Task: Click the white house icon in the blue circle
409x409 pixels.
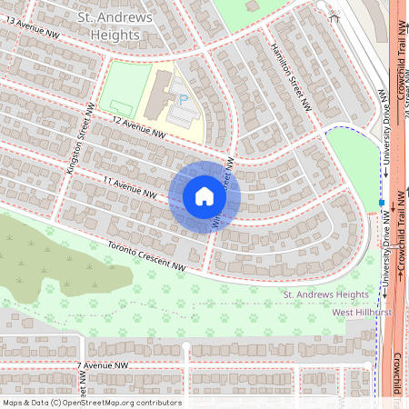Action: [x=204, y=196]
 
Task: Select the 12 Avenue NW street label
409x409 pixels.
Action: [x=139, y=127]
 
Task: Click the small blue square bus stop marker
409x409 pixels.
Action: [x=381, y=202]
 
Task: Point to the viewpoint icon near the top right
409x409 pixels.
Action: [x=334, y=15]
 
